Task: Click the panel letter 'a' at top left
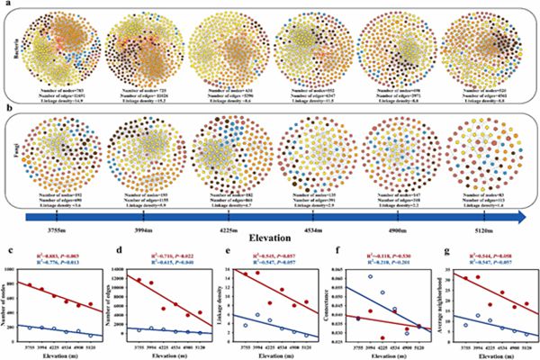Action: pos(7,6)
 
